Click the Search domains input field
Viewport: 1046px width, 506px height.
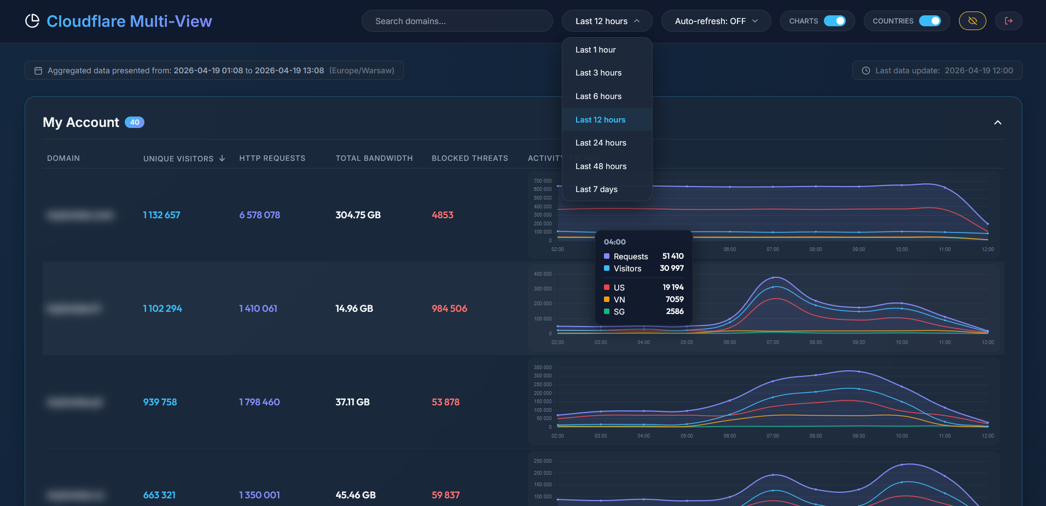pos(457,21)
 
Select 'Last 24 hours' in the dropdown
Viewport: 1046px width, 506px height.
pos(601,143)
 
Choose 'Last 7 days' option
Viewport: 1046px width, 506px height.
pos(596,189)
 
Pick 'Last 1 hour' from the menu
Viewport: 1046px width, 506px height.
pos(595,50)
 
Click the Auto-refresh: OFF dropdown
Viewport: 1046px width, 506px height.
pos(716,21)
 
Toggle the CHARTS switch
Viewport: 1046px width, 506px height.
pos(834,21)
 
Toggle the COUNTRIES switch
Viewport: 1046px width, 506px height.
pos(929,21)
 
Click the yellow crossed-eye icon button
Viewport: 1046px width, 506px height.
pos(972,21)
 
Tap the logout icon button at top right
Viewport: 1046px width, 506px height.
pos(1008,21)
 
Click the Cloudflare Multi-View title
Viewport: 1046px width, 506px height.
pos(129,21)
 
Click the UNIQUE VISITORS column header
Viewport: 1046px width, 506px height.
pos(178,159)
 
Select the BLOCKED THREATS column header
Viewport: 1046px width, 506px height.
pos(469,158)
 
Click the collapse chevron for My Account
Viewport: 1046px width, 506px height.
pos(997,123)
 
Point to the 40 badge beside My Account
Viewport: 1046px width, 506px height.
pos(135,123)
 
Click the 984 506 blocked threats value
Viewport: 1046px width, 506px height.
pos(449,309)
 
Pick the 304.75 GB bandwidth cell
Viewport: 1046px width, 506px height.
pos(358,215)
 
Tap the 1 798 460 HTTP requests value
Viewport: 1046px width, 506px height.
pos(259,402)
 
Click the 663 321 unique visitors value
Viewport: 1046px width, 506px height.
pos(159,495)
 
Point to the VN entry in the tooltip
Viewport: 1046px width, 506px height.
pos(619,300)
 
